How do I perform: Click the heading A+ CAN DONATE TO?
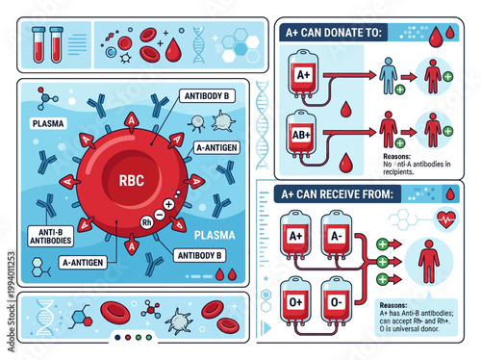(x=334, y=32)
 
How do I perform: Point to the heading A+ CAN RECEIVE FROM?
(x=343, y=193)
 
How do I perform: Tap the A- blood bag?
(x=336, y=238)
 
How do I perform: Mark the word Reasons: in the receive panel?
(x=386, y=305)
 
